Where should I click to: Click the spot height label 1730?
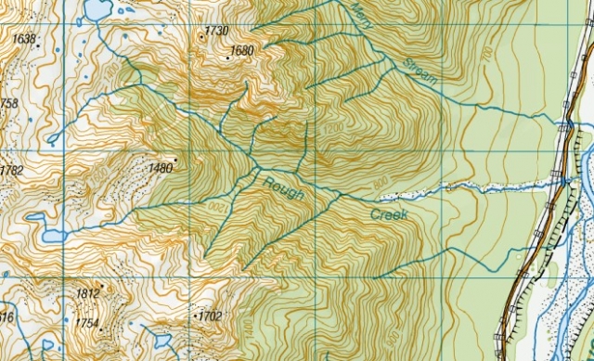[216, 31]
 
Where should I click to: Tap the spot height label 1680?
[242, 50]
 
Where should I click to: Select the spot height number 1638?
[24, 39]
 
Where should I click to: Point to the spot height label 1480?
[160, 168]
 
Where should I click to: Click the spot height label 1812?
[87, 294]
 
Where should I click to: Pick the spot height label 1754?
[86, 323]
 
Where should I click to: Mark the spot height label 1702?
[210, 316]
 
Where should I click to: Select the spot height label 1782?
[11, 171]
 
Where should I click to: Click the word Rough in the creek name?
[281, 189]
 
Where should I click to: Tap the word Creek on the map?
[389, 214]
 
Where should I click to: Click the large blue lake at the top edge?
[93, 10]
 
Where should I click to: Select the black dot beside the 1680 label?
[227, 58]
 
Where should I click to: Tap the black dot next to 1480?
[175, 161]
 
